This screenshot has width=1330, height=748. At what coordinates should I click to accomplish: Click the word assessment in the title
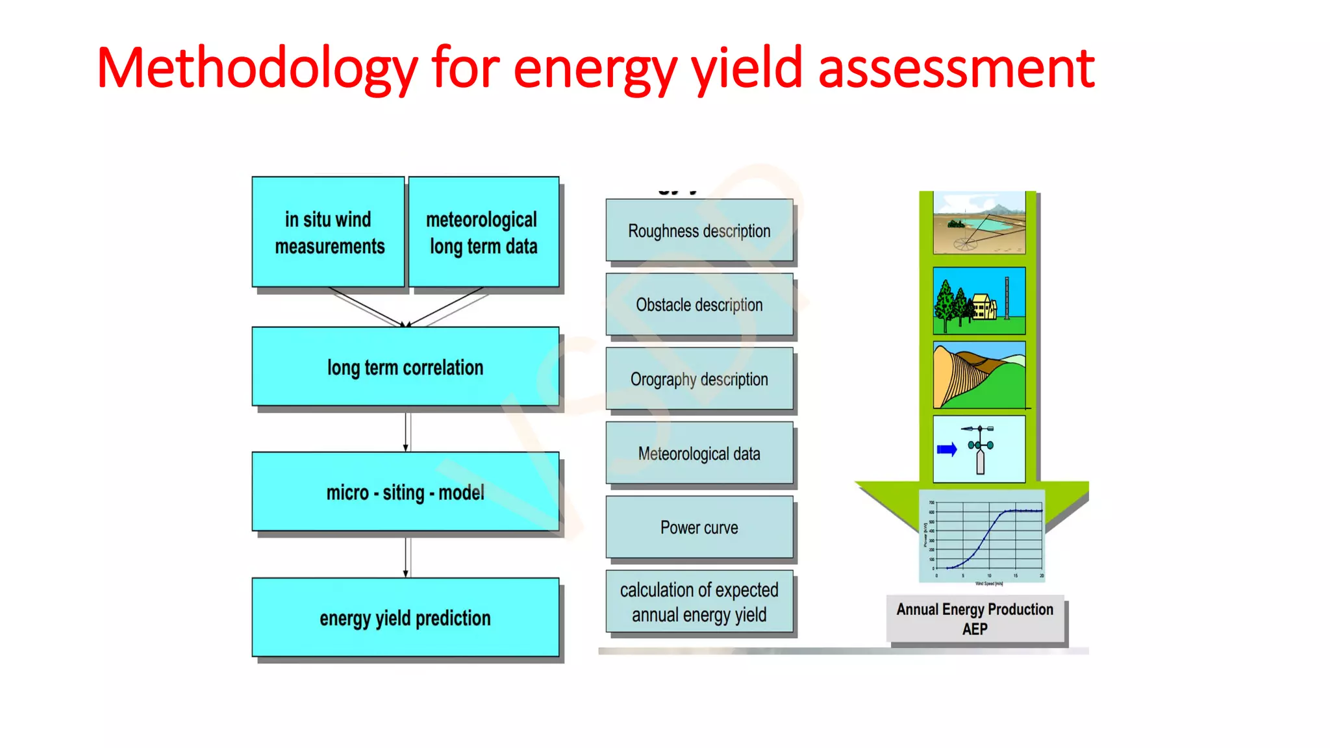(x=956, y=68)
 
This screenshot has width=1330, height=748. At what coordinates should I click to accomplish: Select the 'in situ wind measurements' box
(x=329, y=232)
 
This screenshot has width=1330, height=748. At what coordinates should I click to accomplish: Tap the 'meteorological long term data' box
(x=483, y=232)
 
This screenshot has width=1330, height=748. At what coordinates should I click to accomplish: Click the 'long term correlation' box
(x=405, y=367)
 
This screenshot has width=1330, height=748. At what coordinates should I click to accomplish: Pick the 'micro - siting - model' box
(x=405, y=492)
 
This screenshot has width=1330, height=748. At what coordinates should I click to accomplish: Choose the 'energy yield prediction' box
(x=405, y=617)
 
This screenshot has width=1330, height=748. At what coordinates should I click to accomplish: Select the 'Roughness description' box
(x=699, y=231)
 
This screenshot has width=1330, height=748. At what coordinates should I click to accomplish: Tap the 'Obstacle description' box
(x=699, y=305)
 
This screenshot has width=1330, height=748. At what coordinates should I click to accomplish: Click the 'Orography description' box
(x=699, y=379)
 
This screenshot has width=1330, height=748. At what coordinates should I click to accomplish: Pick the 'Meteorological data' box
(x=699, y=453)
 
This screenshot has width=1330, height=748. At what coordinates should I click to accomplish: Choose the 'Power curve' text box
(x=699, y=527)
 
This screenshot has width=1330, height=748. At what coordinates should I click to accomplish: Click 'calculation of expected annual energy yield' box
(x=699, y=602)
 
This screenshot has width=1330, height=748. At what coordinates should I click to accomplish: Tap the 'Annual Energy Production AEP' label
(x=975, y=619)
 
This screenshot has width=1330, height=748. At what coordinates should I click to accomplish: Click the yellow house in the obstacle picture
(x=984, y=306)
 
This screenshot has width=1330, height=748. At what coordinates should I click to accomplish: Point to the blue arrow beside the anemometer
(x=947, y=449)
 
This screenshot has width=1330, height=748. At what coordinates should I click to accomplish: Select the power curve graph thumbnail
(x=983, y=537)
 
